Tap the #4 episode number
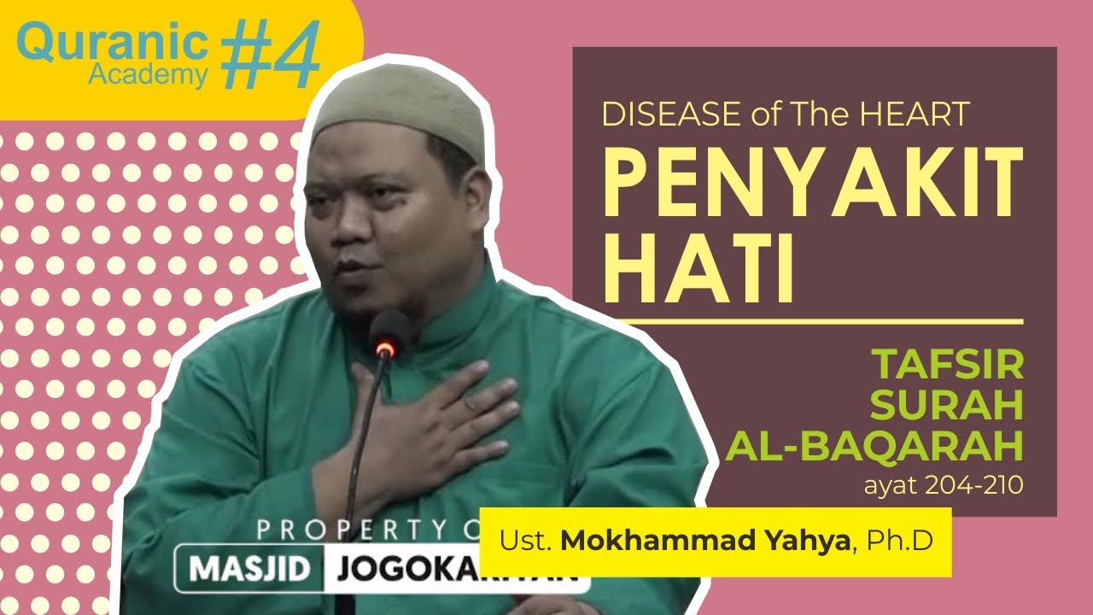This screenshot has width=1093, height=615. coord(272,56)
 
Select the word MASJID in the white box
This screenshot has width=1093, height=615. coord(248,569)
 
